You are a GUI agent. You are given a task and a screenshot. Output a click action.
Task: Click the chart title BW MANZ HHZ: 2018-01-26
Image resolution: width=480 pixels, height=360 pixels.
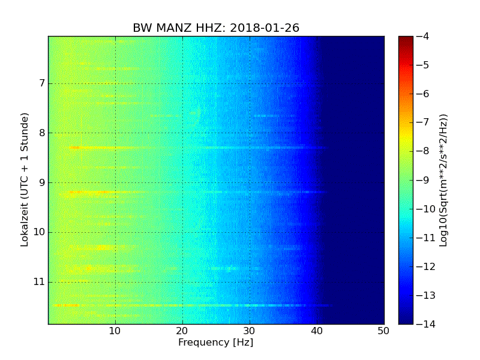(216, 28)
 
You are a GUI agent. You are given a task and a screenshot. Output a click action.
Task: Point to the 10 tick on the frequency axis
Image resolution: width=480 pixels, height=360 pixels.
(115, 331)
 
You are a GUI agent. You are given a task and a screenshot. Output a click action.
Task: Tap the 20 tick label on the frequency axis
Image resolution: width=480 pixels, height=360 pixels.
(182, 331)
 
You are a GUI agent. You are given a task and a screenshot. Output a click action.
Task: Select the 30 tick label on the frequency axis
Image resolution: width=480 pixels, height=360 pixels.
(250, 331)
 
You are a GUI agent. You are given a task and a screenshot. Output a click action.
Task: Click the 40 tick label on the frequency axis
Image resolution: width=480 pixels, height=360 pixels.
(317, 331)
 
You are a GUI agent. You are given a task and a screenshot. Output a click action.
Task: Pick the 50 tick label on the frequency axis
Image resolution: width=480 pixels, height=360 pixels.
(383, 331)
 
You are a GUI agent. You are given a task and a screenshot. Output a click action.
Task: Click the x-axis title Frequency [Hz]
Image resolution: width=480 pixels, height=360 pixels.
(215, 343)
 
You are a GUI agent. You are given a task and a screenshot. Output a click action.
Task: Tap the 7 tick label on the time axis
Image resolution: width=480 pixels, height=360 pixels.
(41, 83)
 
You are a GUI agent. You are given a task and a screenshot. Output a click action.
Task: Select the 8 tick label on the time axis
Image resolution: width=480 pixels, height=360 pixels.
(41, 133)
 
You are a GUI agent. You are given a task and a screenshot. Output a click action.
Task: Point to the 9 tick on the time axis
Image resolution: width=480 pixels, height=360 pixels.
(41, 182)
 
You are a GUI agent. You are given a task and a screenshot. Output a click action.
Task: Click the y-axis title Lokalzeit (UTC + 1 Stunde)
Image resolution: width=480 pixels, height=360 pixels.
(25, 180)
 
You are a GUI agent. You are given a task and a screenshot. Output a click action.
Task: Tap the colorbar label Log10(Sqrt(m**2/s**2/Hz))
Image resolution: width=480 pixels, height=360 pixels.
(443, 180)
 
